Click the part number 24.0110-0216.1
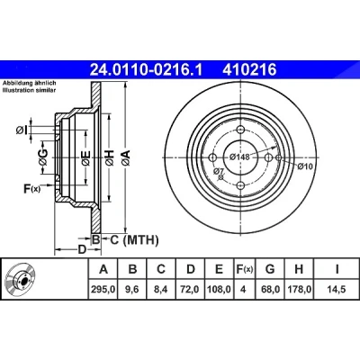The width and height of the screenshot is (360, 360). coord(147,70)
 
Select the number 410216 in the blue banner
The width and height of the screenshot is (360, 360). coord(249,70)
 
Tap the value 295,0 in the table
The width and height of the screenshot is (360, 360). coord(103,289)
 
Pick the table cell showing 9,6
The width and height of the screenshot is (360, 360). coord(132,289)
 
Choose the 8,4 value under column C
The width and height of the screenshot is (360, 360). coord(161,289)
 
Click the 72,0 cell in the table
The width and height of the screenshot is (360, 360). coord(191,289)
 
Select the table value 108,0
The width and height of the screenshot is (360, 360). coord(220,289)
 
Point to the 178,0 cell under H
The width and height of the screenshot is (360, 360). coord(299,289)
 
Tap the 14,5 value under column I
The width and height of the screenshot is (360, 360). coord(337,289)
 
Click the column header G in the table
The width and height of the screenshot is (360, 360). coord(270,269)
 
